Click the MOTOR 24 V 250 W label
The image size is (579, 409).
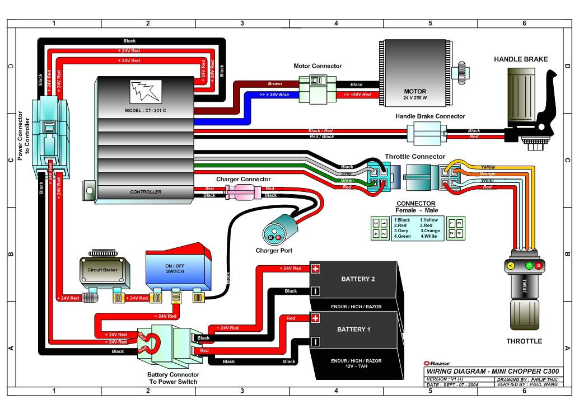(x=415, y=94)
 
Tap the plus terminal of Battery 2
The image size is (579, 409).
(x=315, y=269)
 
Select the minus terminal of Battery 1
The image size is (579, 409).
(x=315, y=341)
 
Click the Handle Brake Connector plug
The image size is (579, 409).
(x=426, y=134)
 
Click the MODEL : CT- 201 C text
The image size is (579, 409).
(x=144, y=110)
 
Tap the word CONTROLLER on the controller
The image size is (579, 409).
(x=146, y=192)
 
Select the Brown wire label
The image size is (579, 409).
(x=274, y=84)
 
